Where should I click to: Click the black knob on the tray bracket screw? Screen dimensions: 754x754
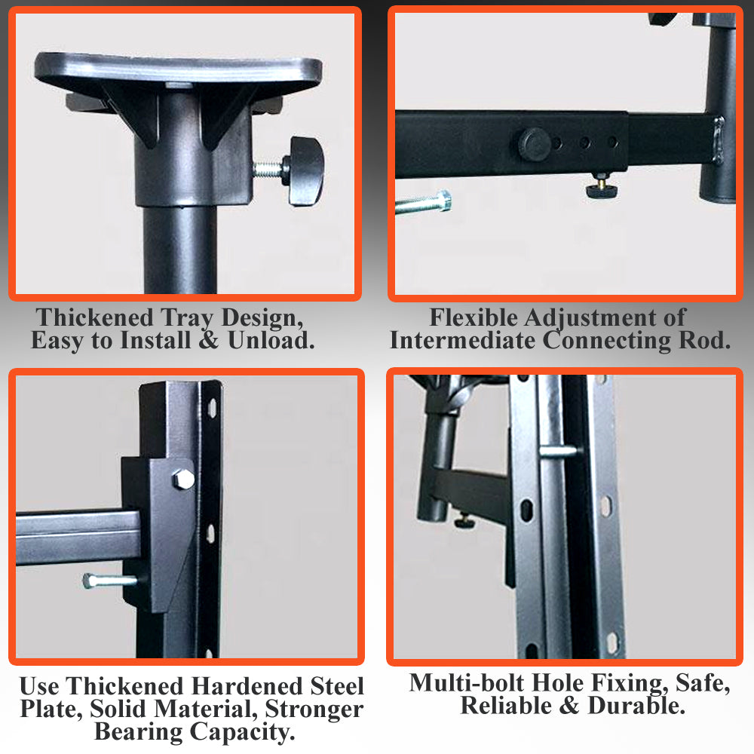click(x=305, y=170)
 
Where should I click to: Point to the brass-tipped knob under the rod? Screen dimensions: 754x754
click(x=602, y=187)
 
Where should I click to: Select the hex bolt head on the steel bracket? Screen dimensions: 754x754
click(x=182, y=478)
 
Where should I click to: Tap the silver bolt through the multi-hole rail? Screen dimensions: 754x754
click(x=559, y=451)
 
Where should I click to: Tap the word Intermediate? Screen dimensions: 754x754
click(x=463, y=341)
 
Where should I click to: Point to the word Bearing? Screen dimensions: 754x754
click(x=138, y=731)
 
